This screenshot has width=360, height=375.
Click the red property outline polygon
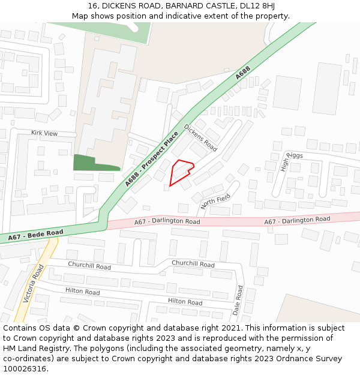(180, 170)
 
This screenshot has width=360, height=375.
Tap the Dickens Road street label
(200, 137)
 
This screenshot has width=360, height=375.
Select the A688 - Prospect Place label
(152, 160)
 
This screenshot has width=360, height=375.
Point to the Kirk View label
(44, 133)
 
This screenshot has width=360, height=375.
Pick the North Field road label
(216, 202)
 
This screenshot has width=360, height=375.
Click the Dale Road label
(238, 300)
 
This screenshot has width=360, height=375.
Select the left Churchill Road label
(89, 266)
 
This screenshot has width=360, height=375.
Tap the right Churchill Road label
(193, 263)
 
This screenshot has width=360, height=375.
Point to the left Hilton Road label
(83, 292)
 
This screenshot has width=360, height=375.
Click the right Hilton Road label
(185, 302)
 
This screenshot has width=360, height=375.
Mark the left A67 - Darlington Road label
(167, 221)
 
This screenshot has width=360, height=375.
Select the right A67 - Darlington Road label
(297, 221)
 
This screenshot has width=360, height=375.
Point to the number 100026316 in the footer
(25, 369)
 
